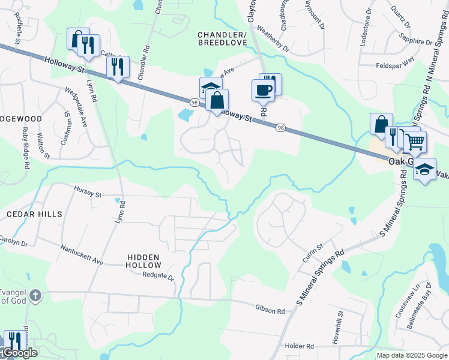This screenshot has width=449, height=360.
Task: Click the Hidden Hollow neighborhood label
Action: [144, 261]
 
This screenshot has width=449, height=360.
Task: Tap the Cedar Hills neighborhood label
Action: [34, 214]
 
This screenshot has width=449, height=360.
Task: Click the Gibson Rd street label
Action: [270, 310]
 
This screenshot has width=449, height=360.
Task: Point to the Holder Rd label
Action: [300, 346]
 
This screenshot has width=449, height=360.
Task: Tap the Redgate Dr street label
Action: [158, 277]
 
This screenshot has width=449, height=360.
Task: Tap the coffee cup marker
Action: [264, 91]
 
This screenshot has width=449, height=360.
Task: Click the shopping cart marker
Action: [415, 142]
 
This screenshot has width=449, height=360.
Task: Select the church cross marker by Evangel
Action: [35, 295]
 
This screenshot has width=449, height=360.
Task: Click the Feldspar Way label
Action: [395, 65]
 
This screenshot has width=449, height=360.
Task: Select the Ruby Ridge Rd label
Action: [25, 152]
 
